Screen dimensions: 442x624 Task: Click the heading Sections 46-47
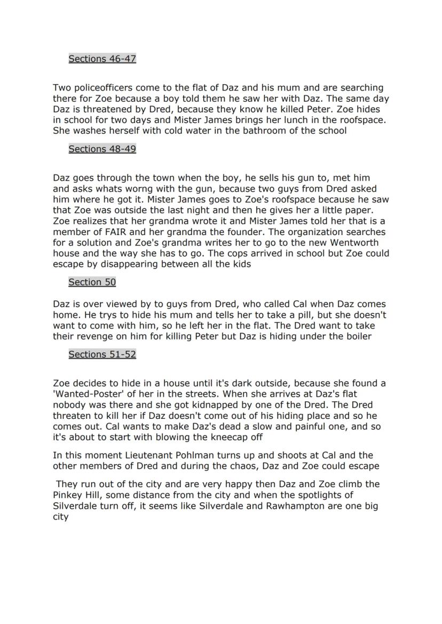pyautogui.click(x=102, y=59)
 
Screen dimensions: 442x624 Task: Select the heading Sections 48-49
pyautogui.click(x=102, y=149)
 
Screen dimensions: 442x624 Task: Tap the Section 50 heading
pyautogui.click(x=92, y=282)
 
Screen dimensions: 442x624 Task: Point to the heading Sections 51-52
pyautogui.click(x=102, y=354)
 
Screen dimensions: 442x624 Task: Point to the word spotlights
pyautogui.click(x=330, y=495)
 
